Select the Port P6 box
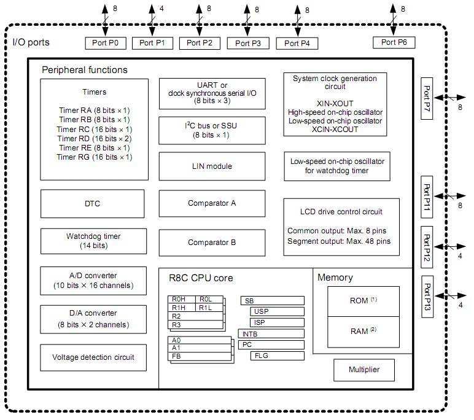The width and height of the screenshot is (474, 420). [x=398, y=42]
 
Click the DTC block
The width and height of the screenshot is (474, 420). [x=93, y=204]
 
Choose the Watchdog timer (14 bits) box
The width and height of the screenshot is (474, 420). [x=93, y=241]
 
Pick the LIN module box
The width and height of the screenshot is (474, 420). [x=212, y=166]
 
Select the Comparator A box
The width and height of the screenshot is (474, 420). [x=212, y=203]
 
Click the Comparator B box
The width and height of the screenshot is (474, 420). [x=212, y=243]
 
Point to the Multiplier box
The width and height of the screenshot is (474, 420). [x=363, y=370]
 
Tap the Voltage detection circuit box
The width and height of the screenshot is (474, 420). [x=93, y=357]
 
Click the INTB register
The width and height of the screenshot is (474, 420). [x=271, y=334]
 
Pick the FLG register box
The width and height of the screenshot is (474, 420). [x=277, y=356]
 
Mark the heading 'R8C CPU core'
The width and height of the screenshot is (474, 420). [x=201, y=278]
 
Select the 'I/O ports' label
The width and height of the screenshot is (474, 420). [x=31, y=42]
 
